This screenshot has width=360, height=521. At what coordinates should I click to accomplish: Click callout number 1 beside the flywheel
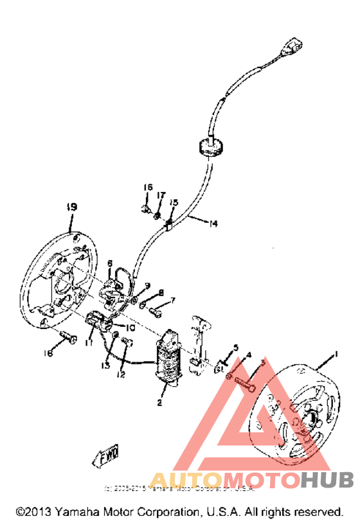335,355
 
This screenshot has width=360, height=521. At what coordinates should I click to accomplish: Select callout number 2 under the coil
159,403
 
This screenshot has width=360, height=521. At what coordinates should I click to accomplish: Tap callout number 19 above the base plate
72,207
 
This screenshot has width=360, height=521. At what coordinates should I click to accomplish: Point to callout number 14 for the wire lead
213,224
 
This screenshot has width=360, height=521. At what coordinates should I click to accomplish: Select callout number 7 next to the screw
172,299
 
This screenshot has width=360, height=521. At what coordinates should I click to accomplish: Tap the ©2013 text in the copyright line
33,511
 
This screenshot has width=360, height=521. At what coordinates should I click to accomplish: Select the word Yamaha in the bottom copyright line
83,511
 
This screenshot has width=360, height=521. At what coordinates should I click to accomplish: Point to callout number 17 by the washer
161,195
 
